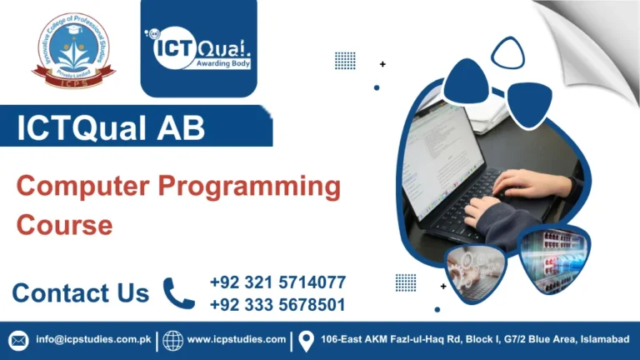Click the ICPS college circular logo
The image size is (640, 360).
tap(73, 52)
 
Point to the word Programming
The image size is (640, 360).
tap(250, 187)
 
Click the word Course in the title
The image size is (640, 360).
tap(64, 224)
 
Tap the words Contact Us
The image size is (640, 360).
tap(80, 293)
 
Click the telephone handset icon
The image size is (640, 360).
tap(178, 293)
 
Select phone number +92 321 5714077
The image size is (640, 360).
tap(277, 282)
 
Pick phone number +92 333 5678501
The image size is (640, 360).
tap(277, 305)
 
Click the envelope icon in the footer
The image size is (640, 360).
tap(18, 340)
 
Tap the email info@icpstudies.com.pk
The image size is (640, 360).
tap(92, 340)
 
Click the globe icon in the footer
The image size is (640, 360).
tap(172, 340)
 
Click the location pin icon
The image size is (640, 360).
tap(306, 340)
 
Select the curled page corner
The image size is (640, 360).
tap(596, 37)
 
